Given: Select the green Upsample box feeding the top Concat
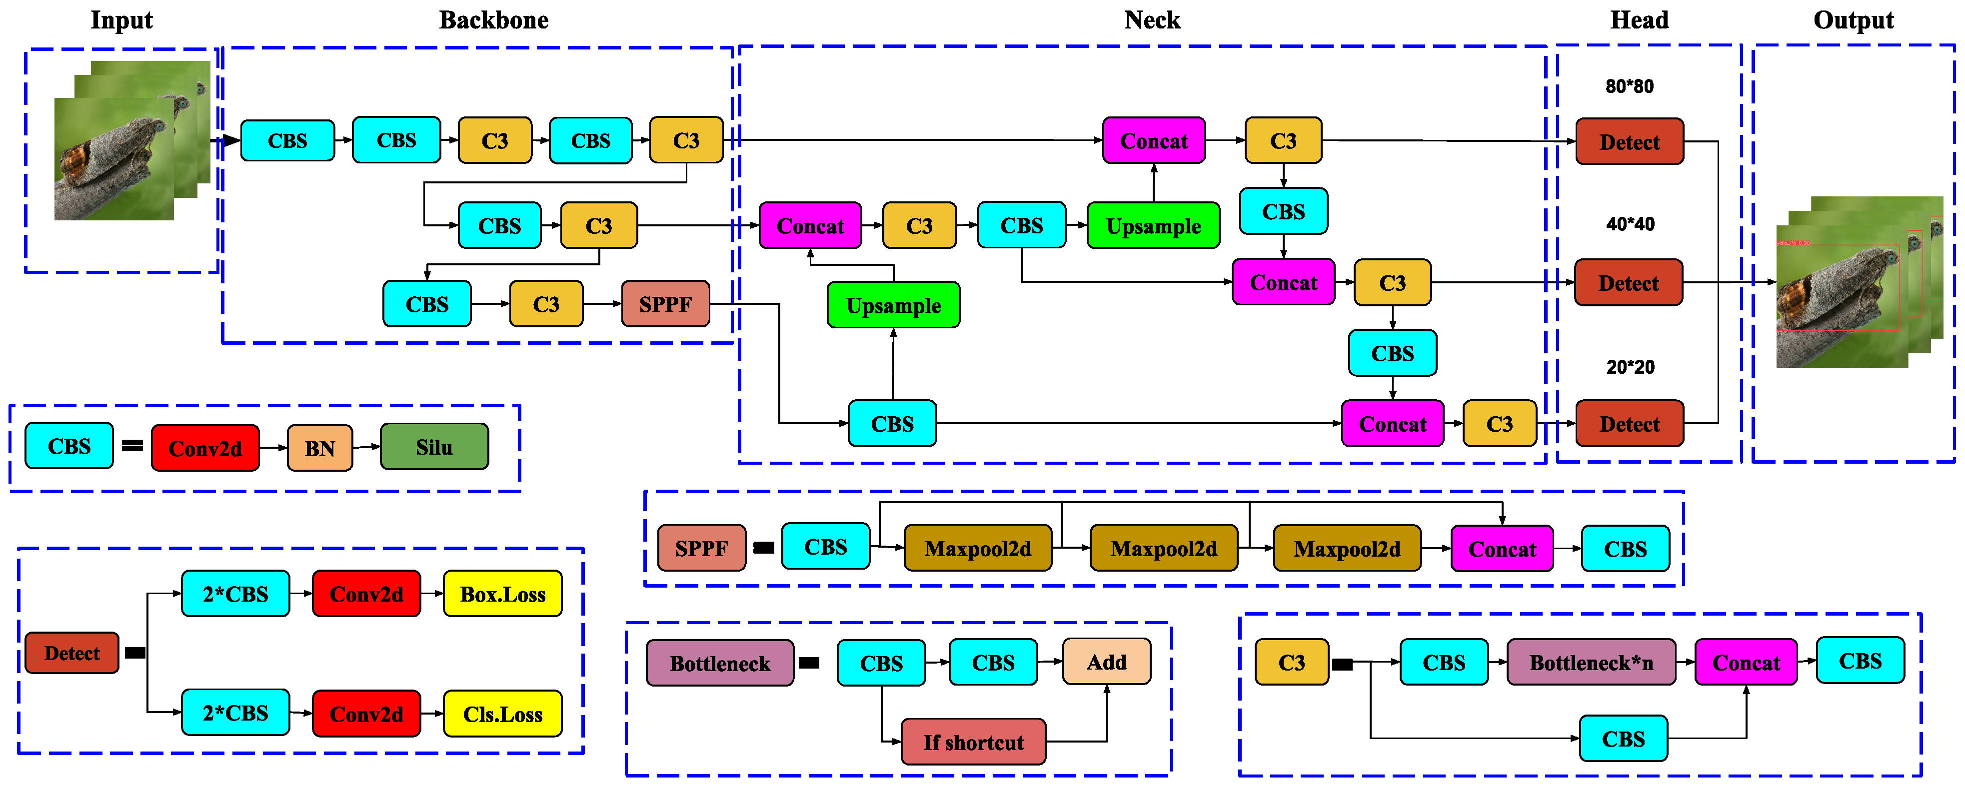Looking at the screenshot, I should coord(1153,226).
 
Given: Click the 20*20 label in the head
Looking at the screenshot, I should coord(1630,367).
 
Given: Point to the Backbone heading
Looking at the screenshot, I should coord(493,20).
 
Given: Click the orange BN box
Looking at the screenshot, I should coord(319,448).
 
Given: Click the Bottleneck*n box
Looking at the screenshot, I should coord(1591,662).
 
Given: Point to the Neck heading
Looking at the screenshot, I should coord(1152,20).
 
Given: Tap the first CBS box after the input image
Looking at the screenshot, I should coord(287,141).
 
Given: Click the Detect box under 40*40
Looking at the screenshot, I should coord(1628,283).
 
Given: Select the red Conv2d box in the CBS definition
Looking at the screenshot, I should coord(205,448).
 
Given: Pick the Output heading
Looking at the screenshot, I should coord(1853,20).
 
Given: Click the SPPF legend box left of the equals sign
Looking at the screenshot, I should coord(701,548).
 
